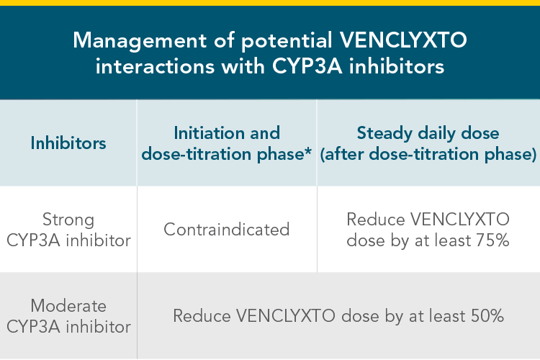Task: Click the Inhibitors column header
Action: point(68,143)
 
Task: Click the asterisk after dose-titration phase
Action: point(307,152)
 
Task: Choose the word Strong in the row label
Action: point(68,219)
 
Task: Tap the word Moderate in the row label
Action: point(68,305)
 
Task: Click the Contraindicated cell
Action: point(226,229)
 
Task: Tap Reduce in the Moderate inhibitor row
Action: point(199,315)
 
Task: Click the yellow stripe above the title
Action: point(270,3)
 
